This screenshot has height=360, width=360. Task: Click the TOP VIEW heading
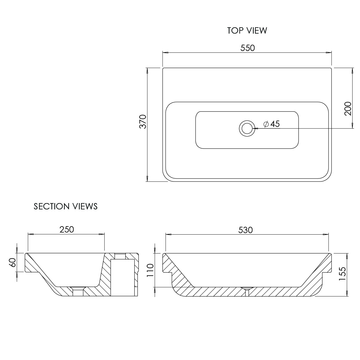click(247, 31)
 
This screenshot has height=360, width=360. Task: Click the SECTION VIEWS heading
click(66, 206)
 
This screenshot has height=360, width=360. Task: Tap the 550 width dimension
click(247, 48)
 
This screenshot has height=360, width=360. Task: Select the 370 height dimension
click(143, 121)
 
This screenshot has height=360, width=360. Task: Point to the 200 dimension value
click(348, 109)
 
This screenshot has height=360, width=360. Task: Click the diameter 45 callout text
click(271, 124)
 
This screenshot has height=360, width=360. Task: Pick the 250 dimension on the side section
click(67, 229)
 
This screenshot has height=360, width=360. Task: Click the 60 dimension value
click(13, 262)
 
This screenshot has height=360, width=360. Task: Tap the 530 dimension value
click(245, 230)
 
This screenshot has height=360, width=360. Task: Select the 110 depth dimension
click(150, 270)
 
